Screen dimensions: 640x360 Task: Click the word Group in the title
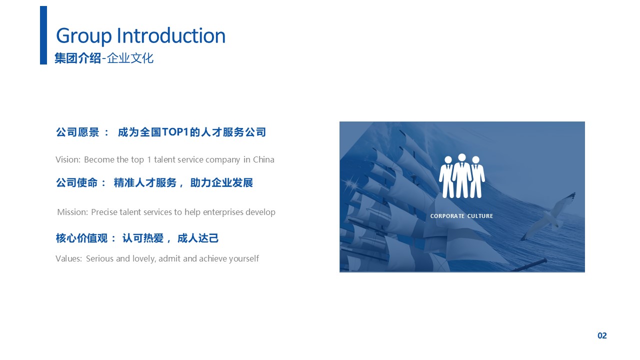pyautogui.click(x=83, y=36)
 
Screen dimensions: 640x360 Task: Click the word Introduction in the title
pyautogui.click(x=171, y=35)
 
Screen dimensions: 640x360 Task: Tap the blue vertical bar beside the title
pyautogui.click(x=43, y=35)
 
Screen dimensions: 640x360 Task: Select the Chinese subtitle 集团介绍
pyautogui.click(x=77, y=58)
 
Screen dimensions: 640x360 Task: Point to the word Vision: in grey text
pyautogui.click(x=68, y=159)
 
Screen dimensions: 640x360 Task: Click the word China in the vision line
pyautogui.click(x=263, y=159)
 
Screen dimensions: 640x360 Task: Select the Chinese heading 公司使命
pyautogui.click(x=77, y=182)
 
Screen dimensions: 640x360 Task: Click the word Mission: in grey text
pyautogui.click(x=72, y=212)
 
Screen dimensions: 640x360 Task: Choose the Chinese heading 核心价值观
pyautogui.click(x=81, y=238)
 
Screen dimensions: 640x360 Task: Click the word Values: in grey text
pyautogui.click(x=69, y=258)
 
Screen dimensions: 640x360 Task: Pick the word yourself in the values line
pyautogui.click(x=244, y=259)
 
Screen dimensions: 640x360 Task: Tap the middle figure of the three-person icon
pyautogui.click(x=461, y=175)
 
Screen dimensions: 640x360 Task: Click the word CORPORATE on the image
pyautogui.click(x=447, y=216)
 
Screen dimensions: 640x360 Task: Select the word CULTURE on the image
pyautogui.click(x=480, y=216)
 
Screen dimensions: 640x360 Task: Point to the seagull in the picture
pyautogui.click(x=545, y=217)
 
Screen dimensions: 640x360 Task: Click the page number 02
pyautogui.click(x=602, y=335)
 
